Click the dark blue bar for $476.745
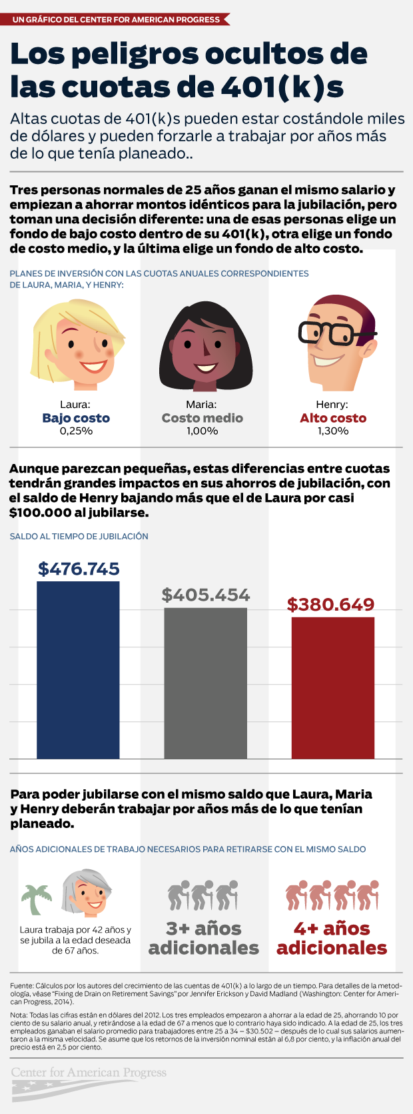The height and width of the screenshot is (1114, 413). point(78,670)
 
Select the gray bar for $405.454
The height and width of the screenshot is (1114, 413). point(205,683)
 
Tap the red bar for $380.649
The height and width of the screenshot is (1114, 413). point(332,688)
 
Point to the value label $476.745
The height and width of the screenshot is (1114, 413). point(79,569)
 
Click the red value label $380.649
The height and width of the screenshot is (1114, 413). point(330,604)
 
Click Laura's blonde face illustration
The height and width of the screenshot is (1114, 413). point(78,345)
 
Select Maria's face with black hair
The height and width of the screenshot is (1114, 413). point(205,347)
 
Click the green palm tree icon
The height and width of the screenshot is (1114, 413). point(36,899)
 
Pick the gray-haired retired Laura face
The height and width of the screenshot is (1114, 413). point(86,893)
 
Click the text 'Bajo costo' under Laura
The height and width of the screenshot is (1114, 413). point(76,418)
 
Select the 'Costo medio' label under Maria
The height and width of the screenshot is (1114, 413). point(203,418)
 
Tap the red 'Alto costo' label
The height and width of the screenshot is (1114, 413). point(333,418)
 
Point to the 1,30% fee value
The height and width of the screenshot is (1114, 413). point(333,431)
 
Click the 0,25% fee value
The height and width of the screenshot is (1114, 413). point(76,431)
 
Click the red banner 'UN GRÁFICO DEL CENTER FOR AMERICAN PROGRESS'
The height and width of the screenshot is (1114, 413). point(116,19)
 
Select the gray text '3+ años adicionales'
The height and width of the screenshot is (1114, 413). point(204,939)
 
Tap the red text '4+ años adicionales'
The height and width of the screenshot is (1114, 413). point(332,939)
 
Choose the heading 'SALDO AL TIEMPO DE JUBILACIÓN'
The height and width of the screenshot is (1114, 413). point(79,536)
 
